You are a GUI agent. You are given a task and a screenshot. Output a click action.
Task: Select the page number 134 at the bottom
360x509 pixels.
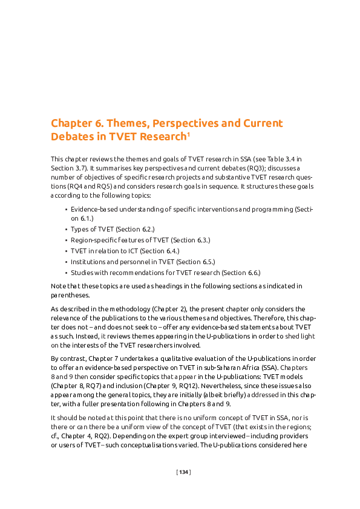[183, 472]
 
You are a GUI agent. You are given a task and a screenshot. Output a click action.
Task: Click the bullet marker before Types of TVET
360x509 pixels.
[65, 230]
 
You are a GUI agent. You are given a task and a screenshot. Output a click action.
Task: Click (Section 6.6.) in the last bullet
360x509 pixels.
[240, 273]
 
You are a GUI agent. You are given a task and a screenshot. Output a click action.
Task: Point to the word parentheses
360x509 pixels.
[70, 296]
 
